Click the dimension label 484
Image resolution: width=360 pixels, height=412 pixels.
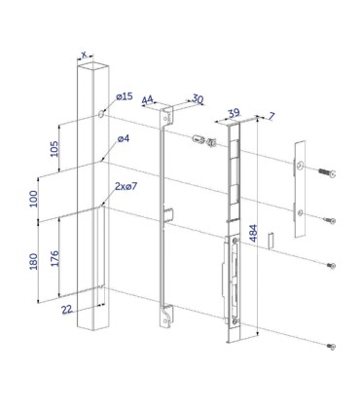[253, 233]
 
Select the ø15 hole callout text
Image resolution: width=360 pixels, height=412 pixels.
[125, 96]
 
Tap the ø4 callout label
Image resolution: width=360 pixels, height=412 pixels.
[124, 138]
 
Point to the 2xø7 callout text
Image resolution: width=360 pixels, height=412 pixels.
[126, 186]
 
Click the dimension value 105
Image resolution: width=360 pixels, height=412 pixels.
[54, 149]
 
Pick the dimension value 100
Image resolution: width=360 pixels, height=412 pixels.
[33, 199]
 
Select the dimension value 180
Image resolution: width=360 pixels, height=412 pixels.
[33, 261]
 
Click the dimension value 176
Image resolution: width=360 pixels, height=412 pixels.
[54, 258]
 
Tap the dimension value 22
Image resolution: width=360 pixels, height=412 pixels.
[67, 310]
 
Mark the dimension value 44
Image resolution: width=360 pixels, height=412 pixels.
[147, 99]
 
